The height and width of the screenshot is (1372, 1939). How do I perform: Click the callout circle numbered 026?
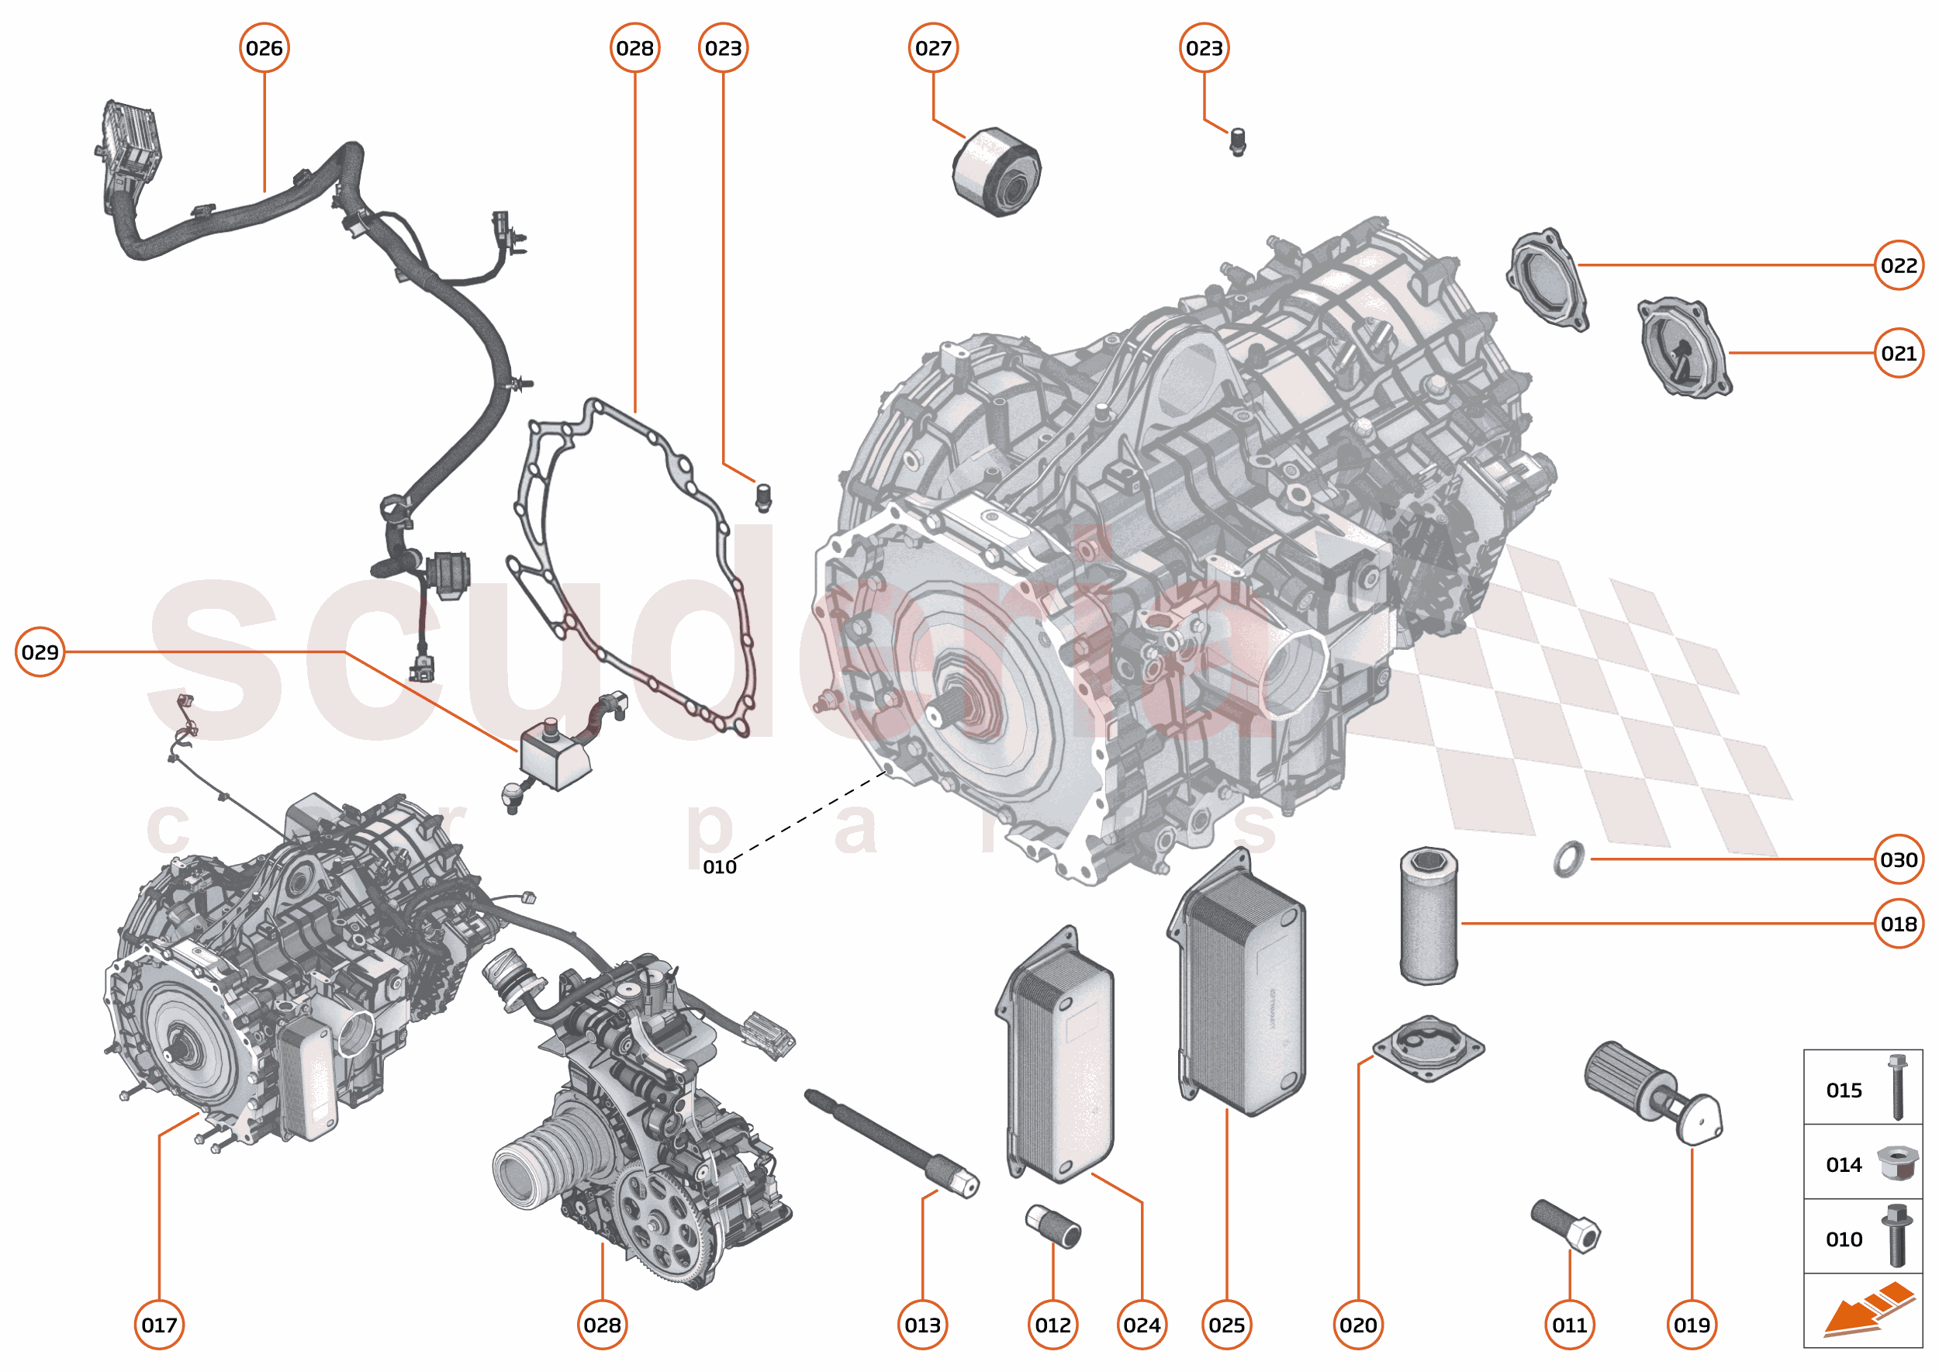point(264,48)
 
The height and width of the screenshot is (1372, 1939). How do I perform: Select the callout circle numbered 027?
point(933,48)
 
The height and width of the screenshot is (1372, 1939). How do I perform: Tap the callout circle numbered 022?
point(1898,265)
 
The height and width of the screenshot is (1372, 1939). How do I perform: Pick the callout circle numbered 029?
point(40,651)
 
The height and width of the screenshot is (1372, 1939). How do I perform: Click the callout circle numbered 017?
point(159,1325)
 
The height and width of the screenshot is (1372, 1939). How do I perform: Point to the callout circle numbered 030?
point(1898,859)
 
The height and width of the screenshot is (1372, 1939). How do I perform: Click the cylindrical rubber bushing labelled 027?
point(997,172)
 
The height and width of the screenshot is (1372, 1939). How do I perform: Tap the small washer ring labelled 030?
point(1569,859)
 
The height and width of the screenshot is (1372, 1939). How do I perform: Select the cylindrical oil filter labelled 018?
point(1428,917)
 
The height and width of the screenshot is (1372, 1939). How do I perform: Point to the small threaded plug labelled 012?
point(1052,1226)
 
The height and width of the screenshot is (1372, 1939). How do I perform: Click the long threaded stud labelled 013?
point(891,1142)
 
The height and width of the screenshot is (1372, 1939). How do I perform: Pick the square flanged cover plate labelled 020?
point(1428,1049)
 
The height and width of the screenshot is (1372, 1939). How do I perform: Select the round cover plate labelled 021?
point(1684,347)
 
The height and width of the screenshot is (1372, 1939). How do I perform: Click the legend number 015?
point(1844,1090)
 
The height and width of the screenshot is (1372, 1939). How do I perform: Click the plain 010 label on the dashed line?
point(719,867)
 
